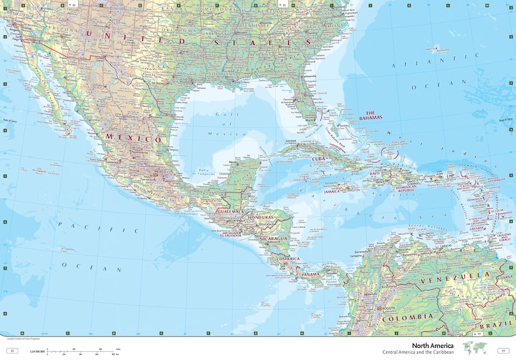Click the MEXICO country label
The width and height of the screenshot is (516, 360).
pyautogui.click(x=133, y=138)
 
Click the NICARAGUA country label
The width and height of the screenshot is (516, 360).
pyautogui.click(x=274, y=238)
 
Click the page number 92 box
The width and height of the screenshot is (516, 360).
pyautogui.click(x=11, y=351)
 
